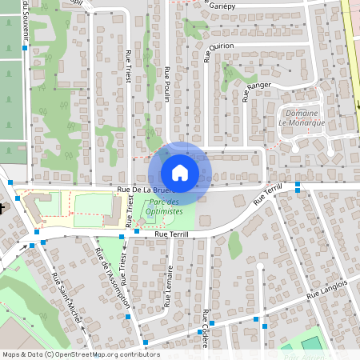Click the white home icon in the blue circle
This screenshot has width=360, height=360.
[180, 172]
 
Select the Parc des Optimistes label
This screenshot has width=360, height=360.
[166, 208]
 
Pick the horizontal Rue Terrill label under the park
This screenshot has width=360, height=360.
[171, 234]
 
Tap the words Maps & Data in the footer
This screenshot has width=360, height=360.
[22, 354]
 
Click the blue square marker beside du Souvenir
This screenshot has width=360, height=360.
[26, 48]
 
